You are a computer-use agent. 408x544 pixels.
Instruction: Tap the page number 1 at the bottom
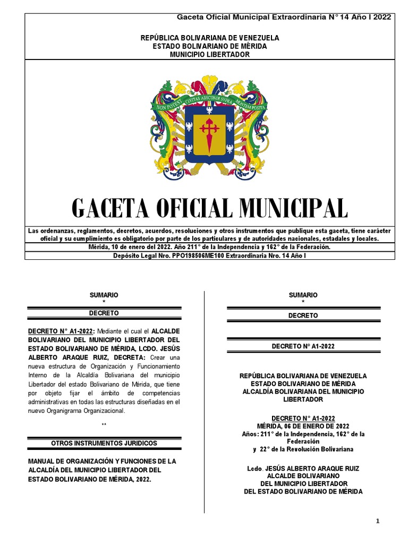click(378, 521)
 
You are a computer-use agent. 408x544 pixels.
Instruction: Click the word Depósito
click(128, 256)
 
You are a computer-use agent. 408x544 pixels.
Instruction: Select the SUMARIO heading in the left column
click(104, 295)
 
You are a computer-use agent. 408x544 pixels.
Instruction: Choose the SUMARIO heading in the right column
click(303, 295)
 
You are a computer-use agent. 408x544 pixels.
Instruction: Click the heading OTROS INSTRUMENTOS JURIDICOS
click(104, 443)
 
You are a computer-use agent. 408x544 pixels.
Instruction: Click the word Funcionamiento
click(156, 366)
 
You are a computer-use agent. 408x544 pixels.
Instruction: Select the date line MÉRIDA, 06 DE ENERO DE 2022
click(303, 426)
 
